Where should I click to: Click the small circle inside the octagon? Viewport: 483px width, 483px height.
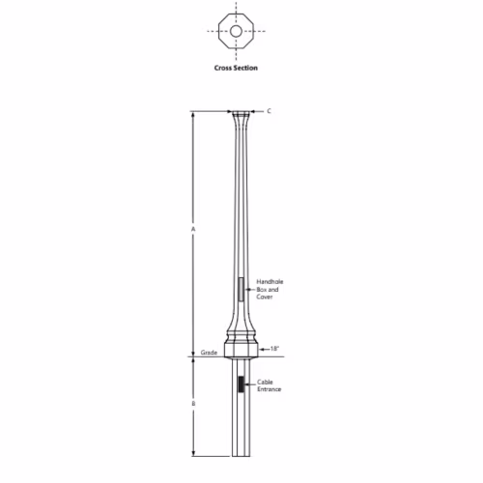click(236, 31)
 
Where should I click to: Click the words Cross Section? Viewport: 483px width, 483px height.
click(236, 68)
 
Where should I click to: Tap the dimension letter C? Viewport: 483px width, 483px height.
click(270, 111)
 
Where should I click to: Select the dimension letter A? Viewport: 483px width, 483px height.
click(193, 229)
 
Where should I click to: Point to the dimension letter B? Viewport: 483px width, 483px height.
click(193, 404)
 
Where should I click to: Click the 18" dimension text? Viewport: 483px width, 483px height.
click(274, 349)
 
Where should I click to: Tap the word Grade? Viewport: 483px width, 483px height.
click(209, 353)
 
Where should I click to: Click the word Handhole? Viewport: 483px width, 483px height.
click(270, 282)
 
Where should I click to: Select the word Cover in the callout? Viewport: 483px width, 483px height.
click(265, 297)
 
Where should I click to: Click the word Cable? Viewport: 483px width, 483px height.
click(265, 383)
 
